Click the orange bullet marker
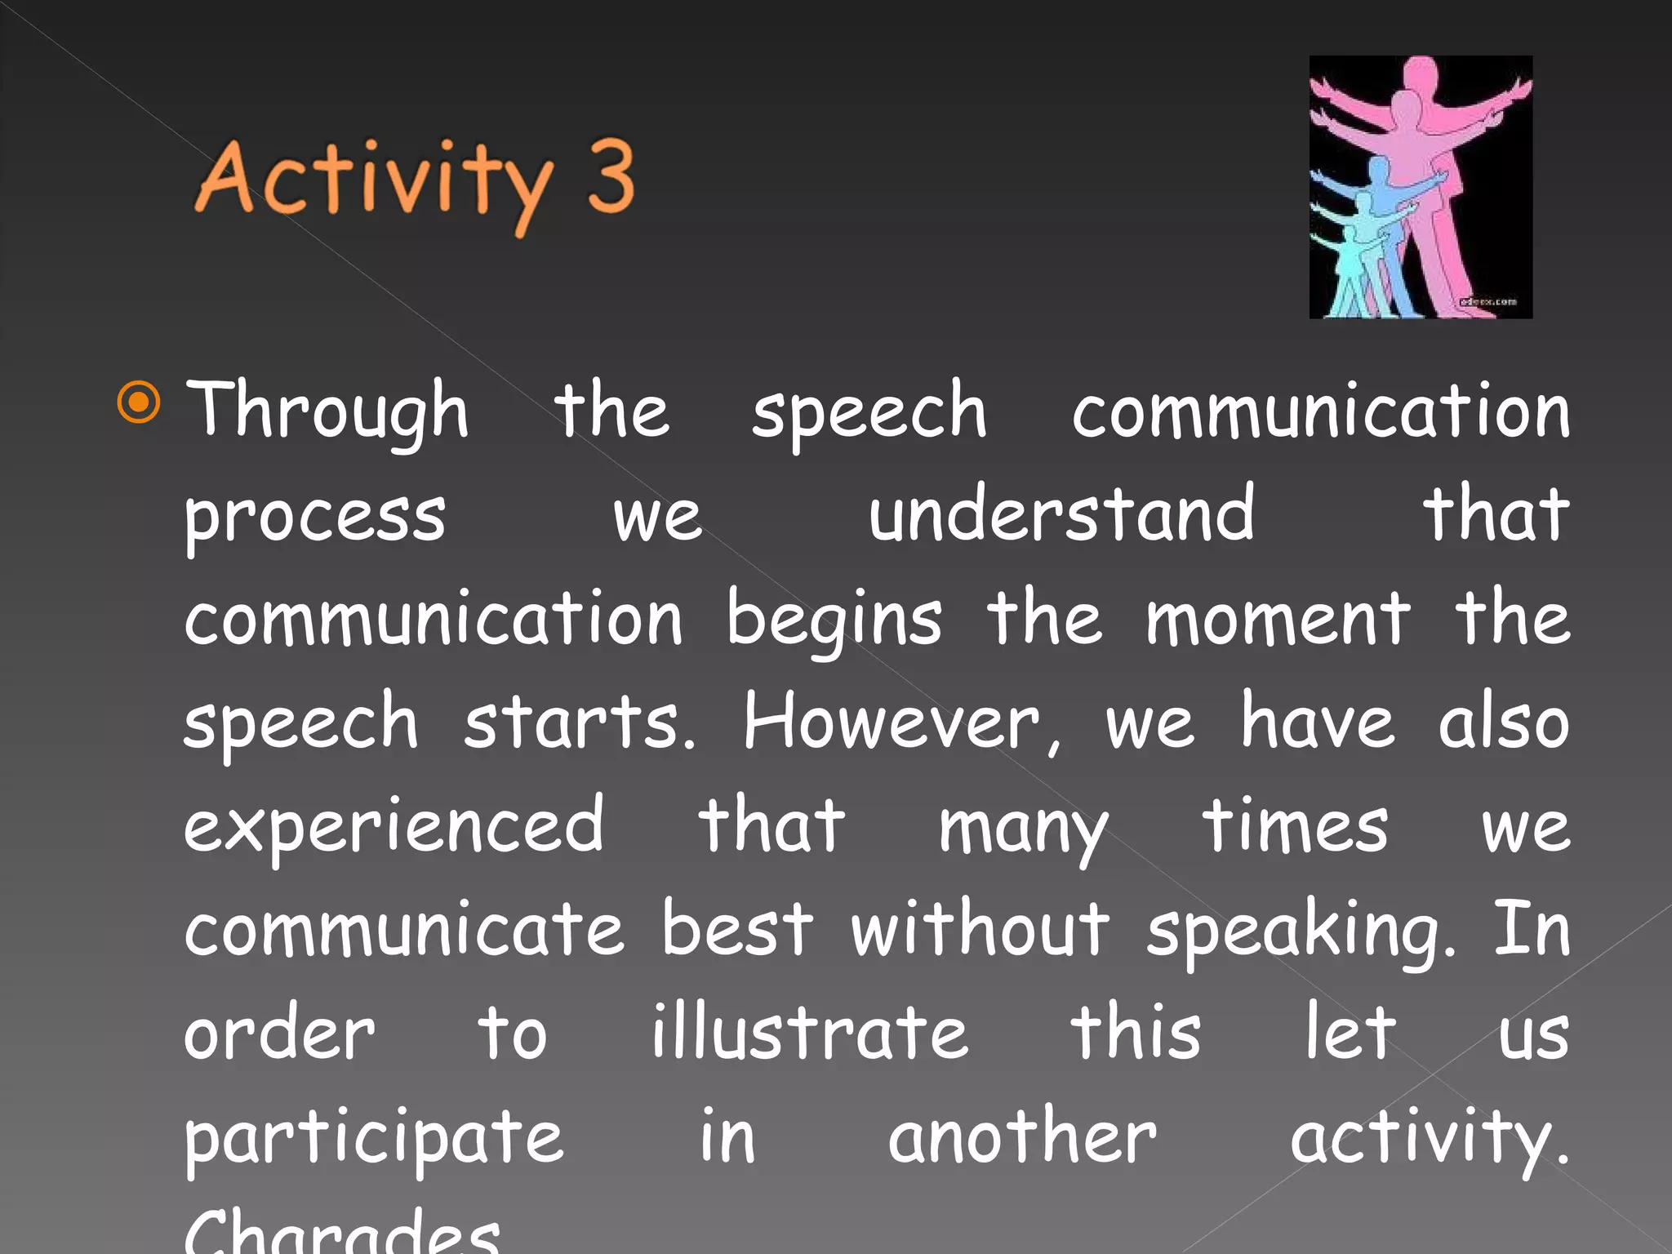139,402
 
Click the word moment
1278,618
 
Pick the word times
1295,826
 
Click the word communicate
404,930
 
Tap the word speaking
1301,932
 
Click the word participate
374,1140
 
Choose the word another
1022,1136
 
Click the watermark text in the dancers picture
1488,302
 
